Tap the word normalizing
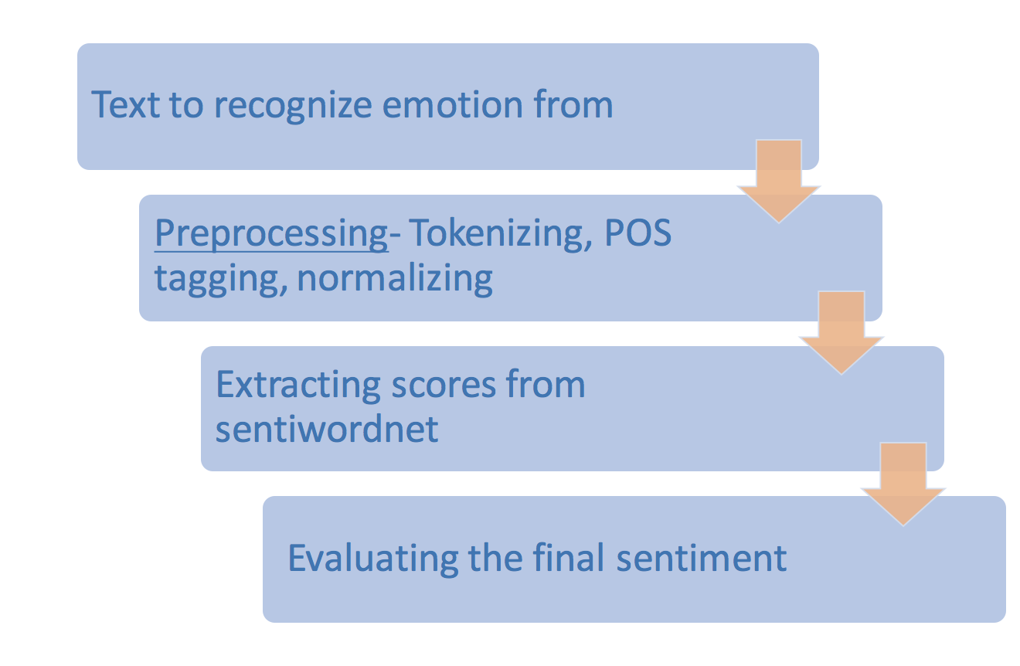pos(395,279)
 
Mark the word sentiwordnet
pos(327,429)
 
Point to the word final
pos(571,557)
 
